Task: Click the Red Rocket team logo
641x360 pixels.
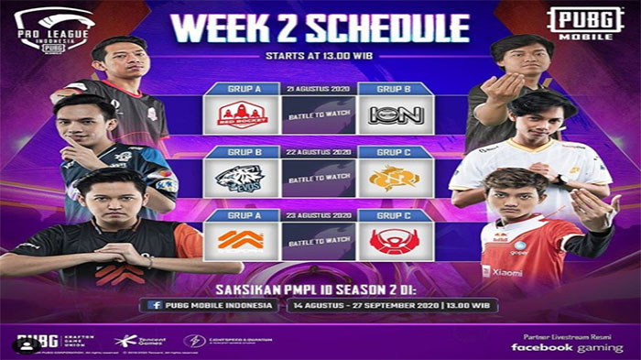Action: (x=242, y=115)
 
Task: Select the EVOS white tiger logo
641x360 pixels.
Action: (x=242, y=178)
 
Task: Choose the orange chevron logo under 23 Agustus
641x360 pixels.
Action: (x=242, y=241)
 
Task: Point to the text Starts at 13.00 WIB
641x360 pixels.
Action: (x=320, y=57)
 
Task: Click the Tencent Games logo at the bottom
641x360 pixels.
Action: (x=137, y=341)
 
